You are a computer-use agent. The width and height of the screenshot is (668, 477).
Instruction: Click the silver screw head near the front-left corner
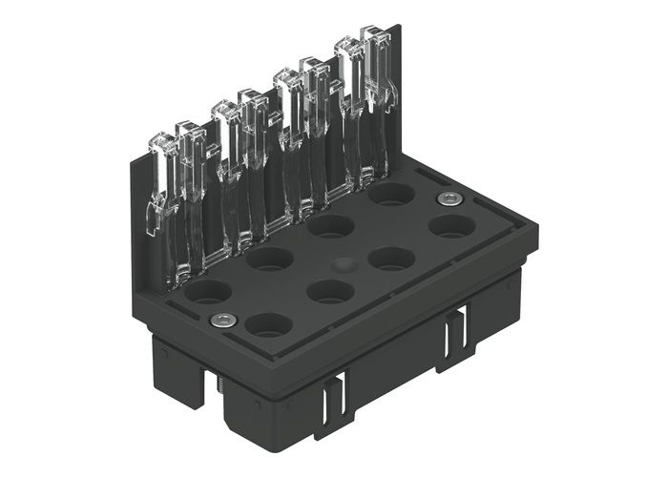click(222, 320)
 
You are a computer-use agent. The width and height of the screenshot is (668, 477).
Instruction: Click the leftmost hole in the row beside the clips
click(207, 291)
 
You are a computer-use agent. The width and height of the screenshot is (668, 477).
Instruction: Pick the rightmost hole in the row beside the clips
click(391, 195)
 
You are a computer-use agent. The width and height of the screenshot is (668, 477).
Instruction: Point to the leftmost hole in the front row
click(268, 324)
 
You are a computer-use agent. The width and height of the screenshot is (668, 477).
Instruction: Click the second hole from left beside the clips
click(269, 258)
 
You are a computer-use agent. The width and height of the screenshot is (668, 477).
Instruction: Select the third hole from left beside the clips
click(331, 226)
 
